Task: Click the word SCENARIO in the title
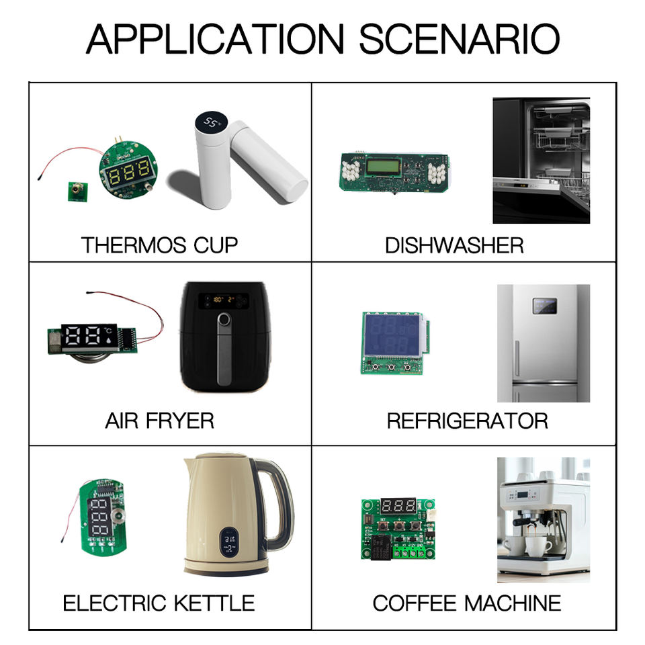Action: [460, 40]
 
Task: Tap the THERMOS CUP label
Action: [159, 245]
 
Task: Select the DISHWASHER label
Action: [454, 245]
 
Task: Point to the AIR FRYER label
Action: [159, 421]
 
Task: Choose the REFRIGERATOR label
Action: [467, 421]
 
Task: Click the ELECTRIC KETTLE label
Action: [159, 603]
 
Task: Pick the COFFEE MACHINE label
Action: [467, 603]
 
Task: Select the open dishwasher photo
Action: [541, 161]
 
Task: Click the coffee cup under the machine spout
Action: [538, 546]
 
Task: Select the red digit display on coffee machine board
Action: [397, 506]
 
